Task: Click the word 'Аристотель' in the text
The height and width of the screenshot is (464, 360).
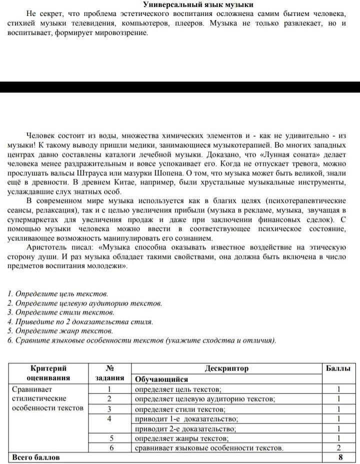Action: (46, 247)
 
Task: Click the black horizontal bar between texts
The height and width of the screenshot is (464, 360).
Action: (180, 87)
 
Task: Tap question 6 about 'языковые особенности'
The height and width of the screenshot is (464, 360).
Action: (142, 340)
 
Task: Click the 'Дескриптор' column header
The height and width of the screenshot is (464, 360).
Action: (226, 369)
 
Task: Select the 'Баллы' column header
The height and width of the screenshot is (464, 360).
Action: (338, 369)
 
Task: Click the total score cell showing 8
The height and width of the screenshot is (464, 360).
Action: (340, 457)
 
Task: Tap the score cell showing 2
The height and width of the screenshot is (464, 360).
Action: (338, 447)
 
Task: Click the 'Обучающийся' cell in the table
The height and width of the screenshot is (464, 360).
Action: (159, 379)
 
